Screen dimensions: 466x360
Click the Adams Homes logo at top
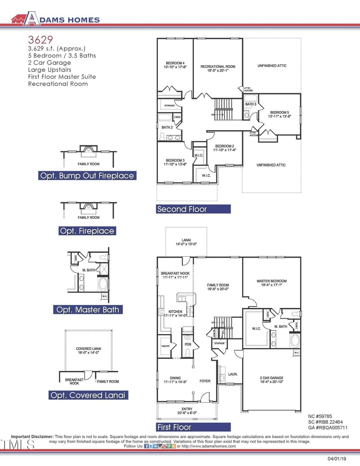[55, 19]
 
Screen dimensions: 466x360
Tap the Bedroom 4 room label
[175, 64]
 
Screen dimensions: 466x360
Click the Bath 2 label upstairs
[167, 127]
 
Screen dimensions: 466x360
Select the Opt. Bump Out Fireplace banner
[87, 176]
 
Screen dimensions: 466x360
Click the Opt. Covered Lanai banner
[87, 395]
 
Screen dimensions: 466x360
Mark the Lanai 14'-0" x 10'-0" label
[186, 241]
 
